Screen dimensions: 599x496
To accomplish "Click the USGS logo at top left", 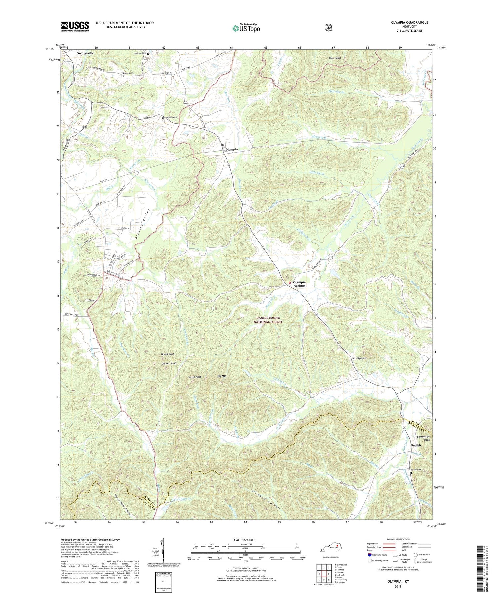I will click(x=75, y=26).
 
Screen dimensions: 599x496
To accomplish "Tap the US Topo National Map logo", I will click(x=246, y=28).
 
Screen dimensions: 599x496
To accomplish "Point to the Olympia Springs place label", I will click(x=299, y=284).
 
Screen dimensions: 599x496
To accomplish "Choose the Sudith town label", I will click(x=416, y=445).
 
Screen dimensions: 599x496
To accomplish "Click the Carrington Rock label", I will click(x=423, y=438).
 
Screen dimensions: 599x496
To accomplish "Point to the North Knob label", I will click(x=168, y=354).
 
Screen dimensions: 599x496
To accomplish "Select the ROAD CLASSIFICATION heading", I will click(x=393, y=539).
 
